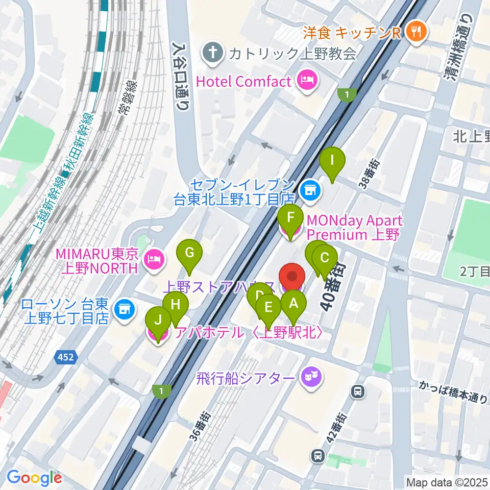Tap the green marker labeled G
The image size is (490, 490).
(189, 252)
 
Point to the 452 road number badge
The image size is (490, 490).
(66, 358)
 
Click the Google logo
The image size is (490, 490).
(34, 478)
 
